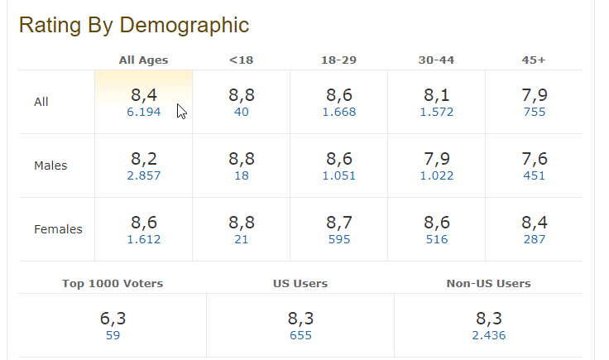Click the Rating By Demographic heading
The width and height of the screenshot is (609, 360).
tap(133, 25)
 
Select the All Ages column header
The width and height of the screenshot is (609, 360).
tap(143, 60)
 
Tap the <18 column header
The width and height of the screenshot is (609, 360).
tap(242, 60)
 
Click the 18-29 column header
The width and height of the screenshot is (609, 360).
tap(338, 60)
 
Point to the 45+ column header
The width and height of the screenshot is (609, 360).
tap(534, 60)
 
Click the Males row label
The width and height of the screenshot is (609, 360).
tap(50, 166)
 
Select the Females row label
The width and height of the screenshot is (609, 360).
tap(58, 229)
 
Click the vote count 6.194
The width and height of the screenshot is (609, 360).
tap(144, 112)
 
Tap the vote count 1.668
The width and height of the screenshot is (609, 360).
tap(339, 112)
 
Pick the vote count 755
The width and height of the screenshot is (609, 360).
tap(535, 112)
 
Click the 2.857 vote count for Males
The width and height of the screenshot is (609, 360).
tap(144, 175)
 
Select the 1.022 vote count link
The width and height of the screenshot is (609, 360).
tap(437, 175)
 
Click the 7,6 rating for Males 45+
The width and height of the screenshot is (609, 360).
tap(535, 159)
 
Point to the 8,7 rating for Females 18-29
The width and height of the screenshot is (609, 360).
tap(339, 223)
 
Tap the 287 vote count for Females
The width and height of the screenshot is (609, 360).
tap(535, 239)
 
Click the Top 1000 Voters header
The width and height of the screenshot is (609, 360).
tap(113, 283)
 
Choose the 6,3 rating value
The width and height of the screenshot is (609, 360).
tap(113, 319)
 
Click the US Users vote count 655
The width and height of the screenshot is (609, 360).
tap(300, 335)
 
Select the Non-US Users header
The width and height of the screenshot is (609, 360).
tap(488, 283)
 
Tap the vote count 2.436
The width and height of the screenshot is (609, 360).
tap(488, 335)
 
